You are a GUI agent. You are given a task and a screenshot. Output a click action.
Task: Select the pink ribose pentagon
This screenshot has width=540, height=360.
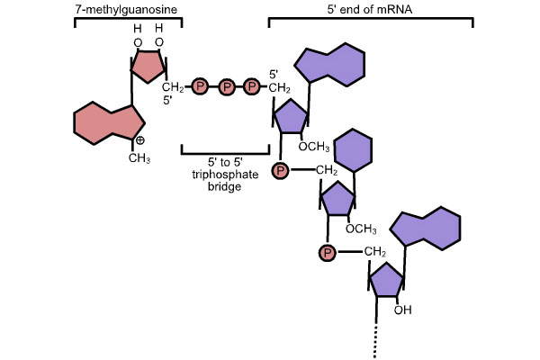148,66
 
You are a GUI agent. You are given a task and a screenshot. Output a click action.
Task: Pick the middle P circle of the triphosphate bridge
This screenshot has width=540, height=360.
227,87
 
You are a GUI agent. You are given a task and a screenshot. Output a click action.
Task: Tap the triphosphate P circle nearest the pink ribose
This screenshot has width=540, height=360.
200,87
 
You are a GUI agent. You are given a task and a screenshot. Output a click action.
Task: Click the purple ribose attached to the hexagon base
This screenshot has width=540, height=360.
337,199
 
